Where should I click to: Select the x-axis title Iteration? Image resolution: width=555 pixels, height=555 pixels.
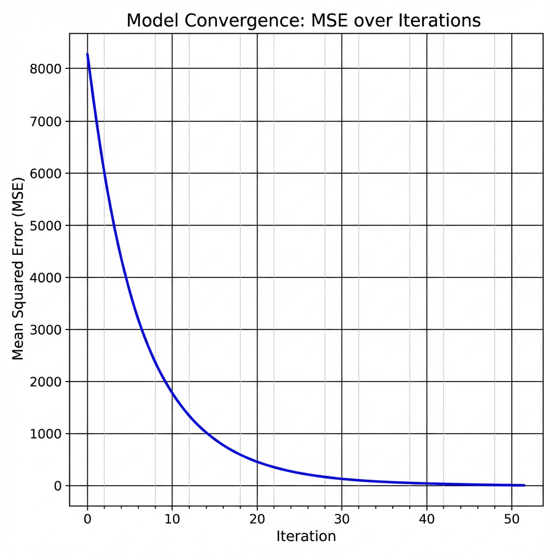[x=306, y=537]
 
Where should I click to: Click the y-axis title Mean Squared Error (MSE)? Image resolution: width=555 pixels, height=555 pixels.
[x=18, y=268]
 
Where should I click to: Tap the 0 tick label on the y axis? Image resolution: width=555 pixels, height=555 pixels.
[x=58, y=486]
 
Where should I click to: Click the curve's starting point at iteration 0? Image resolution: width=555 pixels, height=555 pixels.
[x=87, y=54]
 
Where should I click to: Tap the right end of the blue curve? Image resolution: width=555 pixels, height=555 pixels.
[x=524, y=485]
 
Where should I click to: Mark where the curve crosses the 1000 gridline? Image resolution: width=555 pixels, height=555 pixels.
[x=206, y=434]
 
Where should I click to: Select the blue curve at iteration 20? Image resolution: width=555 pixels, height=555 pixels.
[x=257, y=462]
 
